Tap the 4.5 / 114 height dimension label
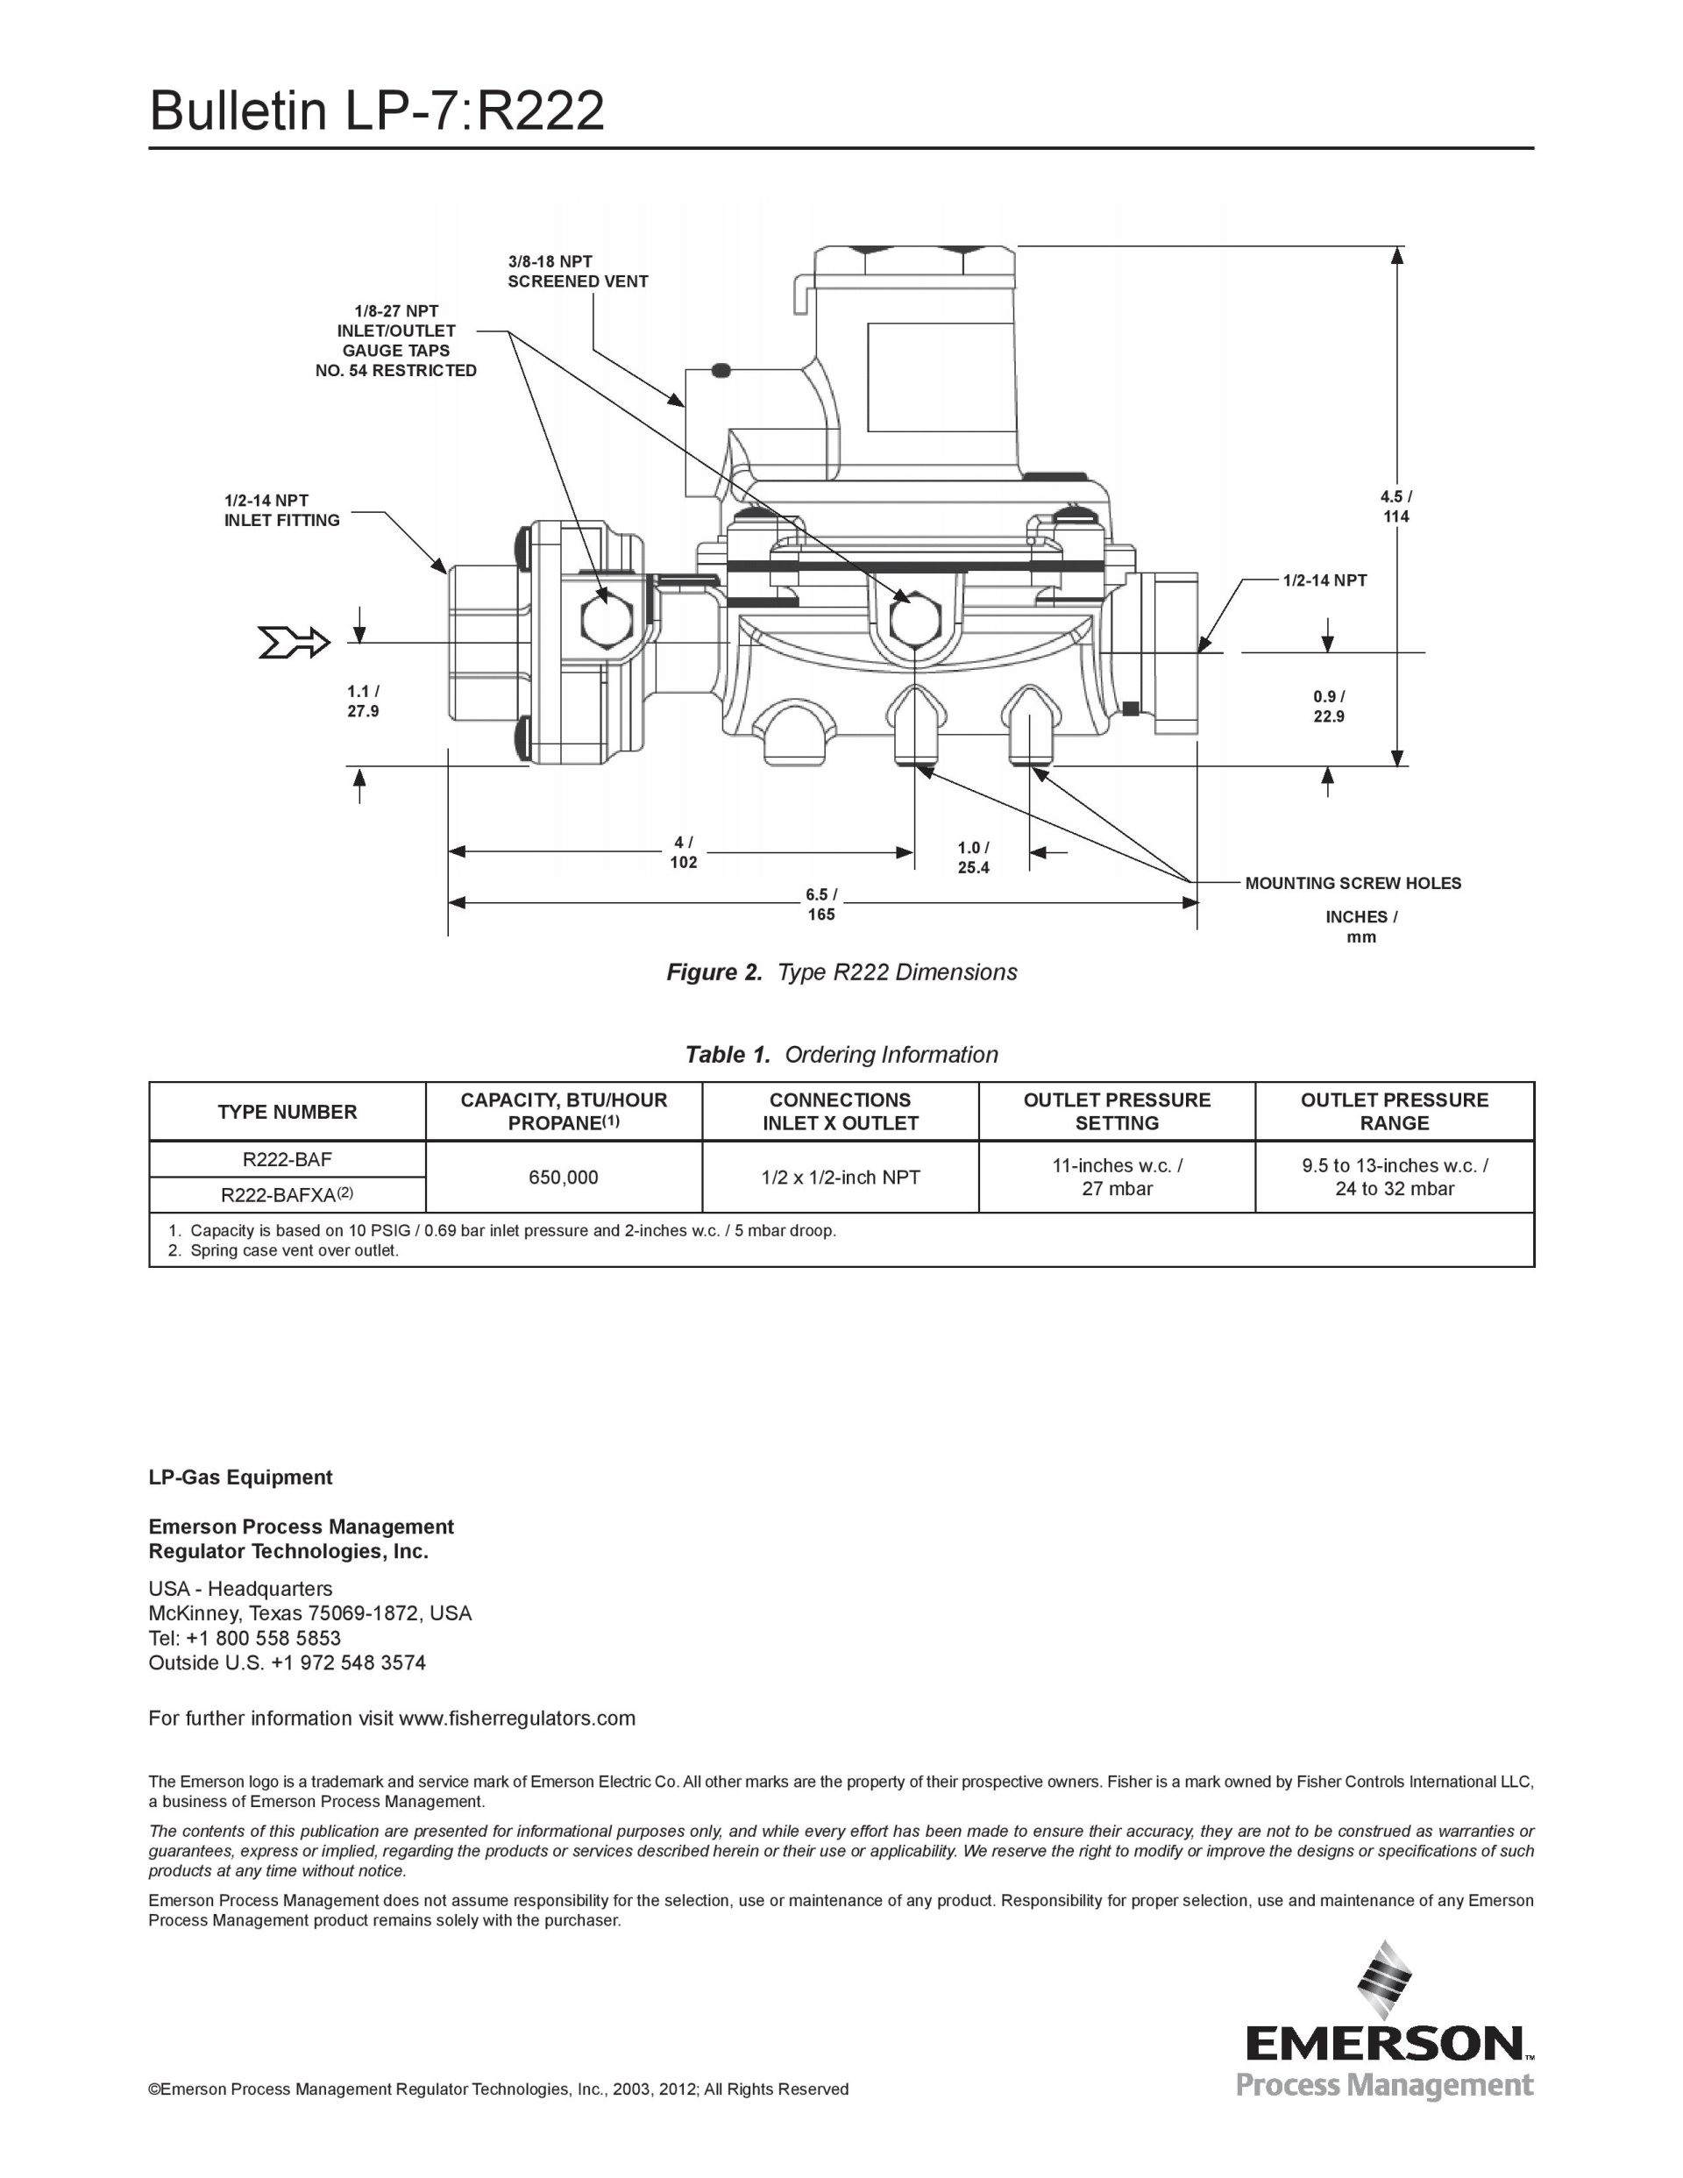coord(1395,507)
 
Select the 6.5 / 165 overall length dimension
coord(821,905)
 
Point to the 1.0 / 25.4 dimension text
coord(973,858)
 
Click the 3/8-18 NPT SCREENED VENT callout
coord(578,272)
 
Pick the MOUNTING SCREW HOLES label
coord(1353,884)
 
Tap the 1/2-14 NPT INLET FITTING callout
coord(281,510)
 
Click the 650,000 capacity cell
coord(564,1178)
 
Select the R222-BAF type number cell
coord(288,1160)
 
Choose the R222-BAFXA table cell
coord(288,1195)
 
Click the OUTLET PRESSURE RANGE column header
coord(1394,1112)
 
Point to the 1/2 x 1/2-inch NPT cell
coord(841,1178)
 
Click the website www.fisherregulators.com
coord(516,1719)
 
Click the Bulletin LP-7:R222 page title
coord(377,110)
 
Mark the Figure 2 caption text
coord(841,972)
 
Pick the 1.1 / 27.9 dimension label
coord(363,701)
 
